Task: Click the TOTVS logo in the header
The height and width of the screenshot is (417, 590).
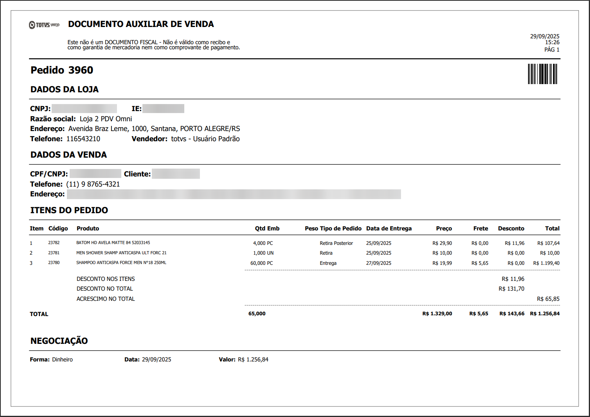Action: (x=44, y=25)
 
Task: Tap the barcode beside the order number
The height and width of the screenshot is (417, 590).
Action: (x=542, y=74)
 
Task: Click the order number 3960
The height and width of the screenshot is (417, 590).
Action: (x=81, y=70)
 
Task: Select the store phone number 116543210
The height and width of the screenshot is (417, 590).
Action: (x=83, y=139)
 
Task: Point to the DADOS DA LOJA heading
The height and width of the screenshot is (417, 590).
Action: (x=65, y=90)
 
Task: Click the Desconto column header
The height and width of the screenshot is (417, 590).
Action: (x=511, y=228)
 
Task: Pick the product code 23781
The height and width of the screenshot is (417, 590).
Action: (x=54, y=253)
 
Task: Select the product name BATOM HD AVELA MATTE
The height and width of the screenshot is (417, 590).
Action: (x=113, y=243)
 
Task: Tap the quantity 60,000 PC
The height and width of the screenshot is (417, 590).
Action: (x=261, y=263)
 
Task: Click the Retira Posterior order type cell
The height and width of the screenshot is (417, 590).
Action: (x=336, y=243)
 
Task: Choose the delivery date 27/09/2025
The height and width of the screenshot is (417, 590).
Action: (x=378, y=263)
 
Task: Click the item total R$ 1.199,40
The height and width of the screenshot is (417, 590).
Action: (x=546, y=263)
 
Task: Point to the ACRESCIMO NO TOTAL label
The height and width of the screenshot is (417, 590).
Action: (x=106, y=299)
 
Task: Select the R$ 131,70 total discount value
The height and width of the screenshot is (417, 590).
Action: (x=511, y=289)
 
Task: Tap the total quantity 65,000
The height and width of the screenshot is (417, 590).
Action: (x=257, y=314)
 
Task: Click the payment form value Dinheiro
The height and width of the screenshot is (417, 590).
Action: (x=62, y=359)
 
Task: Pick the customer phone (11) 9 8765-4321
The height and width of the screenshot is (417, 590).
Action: (x=93, y=184)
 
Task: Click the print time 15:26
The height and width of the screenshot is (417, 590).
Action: (x=552, y=42)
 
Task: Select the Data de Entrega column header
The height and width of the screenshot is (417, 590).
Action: (x=389, y=228)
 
